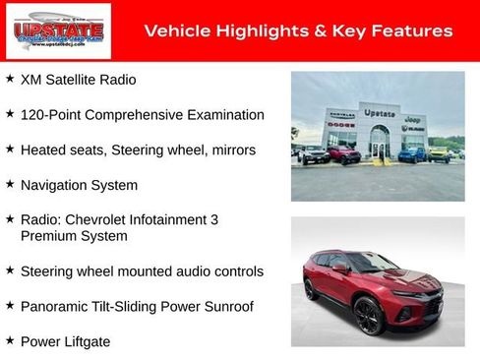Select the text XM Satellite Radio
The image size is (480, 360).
(79, 79)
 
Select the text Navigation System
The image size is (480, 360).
(79, 185)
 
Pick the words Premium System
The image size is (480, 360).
(74, 236)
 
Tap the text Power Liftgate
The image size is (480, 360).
(65, 341)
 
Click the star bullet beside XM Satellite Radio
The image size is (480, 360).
(10, 78)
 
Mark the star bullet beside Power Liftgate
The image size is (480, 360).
(10, 340)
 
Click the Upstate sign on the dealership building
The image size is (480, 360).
(380, 113)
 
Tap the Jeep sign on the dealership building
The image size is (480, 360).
(413, 118)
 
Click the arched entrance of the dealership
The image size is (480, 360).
(380, 143)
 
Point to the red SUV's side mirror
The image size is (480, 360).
(339, 269)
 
